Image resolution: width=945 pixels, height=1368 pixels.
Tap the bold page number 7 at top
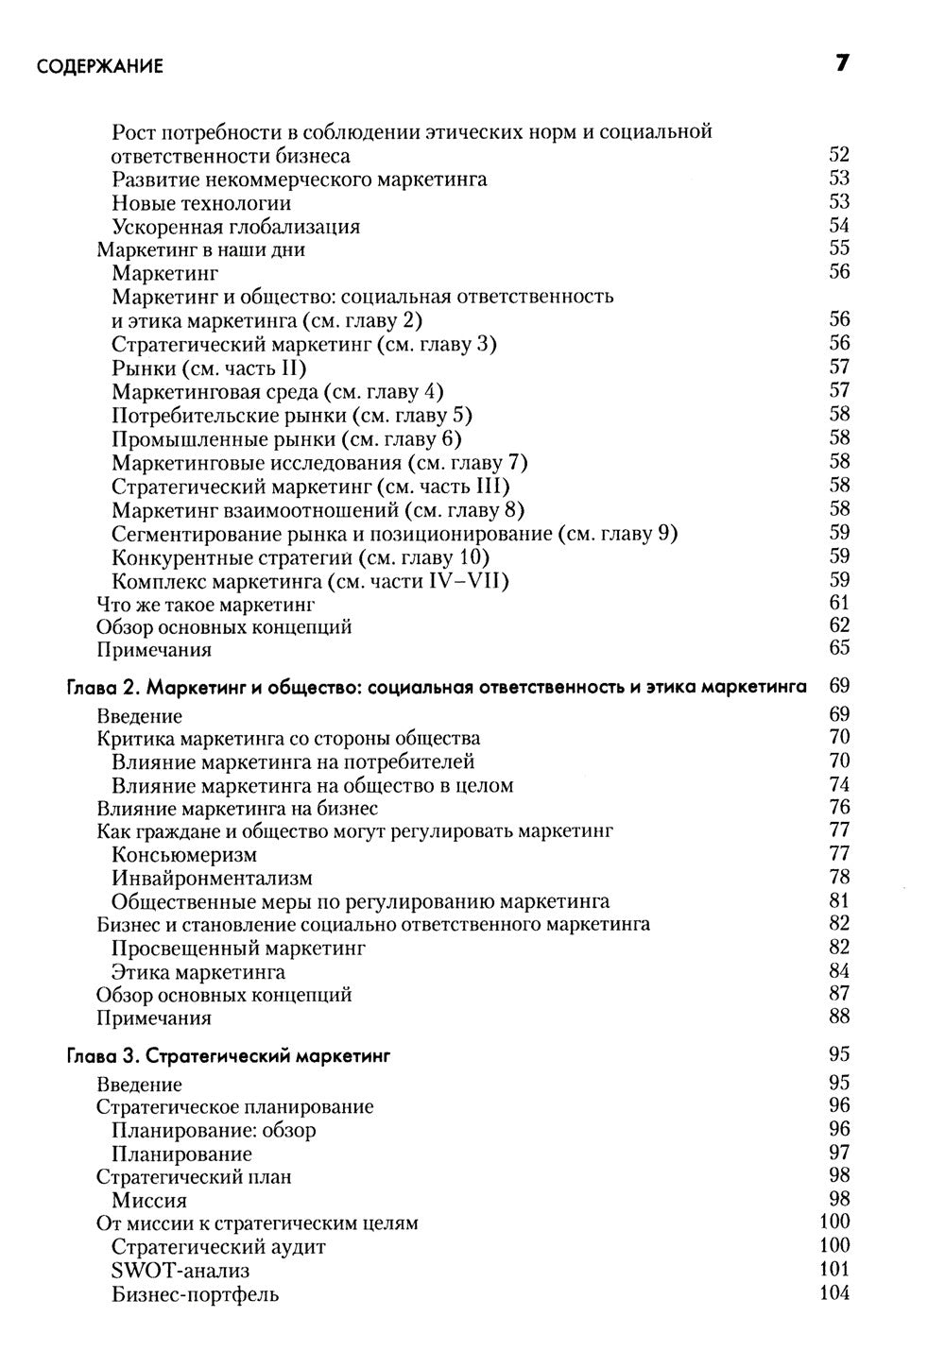(x=841, y=64)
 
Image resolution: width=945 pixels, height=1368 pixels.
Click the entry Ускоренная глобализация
(x=235, y=227)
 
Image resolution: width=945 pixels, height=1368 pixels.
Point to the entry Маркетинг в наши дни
(x=200, y=250)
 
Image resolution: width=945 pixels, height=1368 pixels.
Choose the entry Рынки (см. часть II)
(x=209, y=368)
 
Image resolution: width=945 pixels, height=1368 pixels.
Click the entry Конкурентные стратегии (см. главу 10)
(x=300, y=556)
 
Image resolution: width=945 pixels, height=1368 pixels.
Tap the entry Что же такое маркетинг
(x=206, y=604)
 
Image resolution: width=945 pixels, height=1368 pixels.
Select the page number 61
(x=838, y=603)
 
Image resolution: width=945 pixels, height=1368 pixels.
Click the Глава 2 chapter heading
(x=436, y=687)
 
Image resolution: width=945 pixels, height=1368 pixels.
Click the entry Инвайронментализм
(x=212, y=879)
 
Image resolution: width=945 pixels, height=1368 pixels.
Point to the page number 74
(x=838, y=785)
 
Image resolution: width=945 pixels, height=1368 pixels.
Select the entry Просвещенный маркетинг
(x=238, y=949)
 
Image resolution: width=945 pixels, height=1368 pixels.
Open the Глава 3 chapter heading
(x=228, y=1056)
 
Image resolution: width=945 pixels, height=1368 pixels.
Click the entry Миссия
(x=148, y=1201)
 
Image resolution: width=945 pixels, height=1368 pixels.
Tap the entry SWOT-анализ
(x=180, y=1271)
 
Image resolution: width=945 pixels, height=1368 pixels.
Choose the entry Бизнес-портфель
(x=195, y=1294)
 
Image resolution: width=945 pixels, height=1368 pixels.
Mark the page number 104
(x=834, y=1293)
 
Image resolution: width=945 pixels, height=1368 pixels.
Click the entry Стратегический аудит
(x=218, y=1247)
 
